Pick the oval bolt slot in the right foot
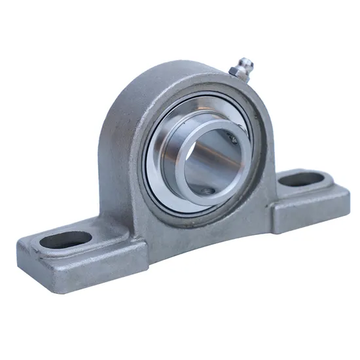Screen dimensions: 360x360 (x=305, y=177)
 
